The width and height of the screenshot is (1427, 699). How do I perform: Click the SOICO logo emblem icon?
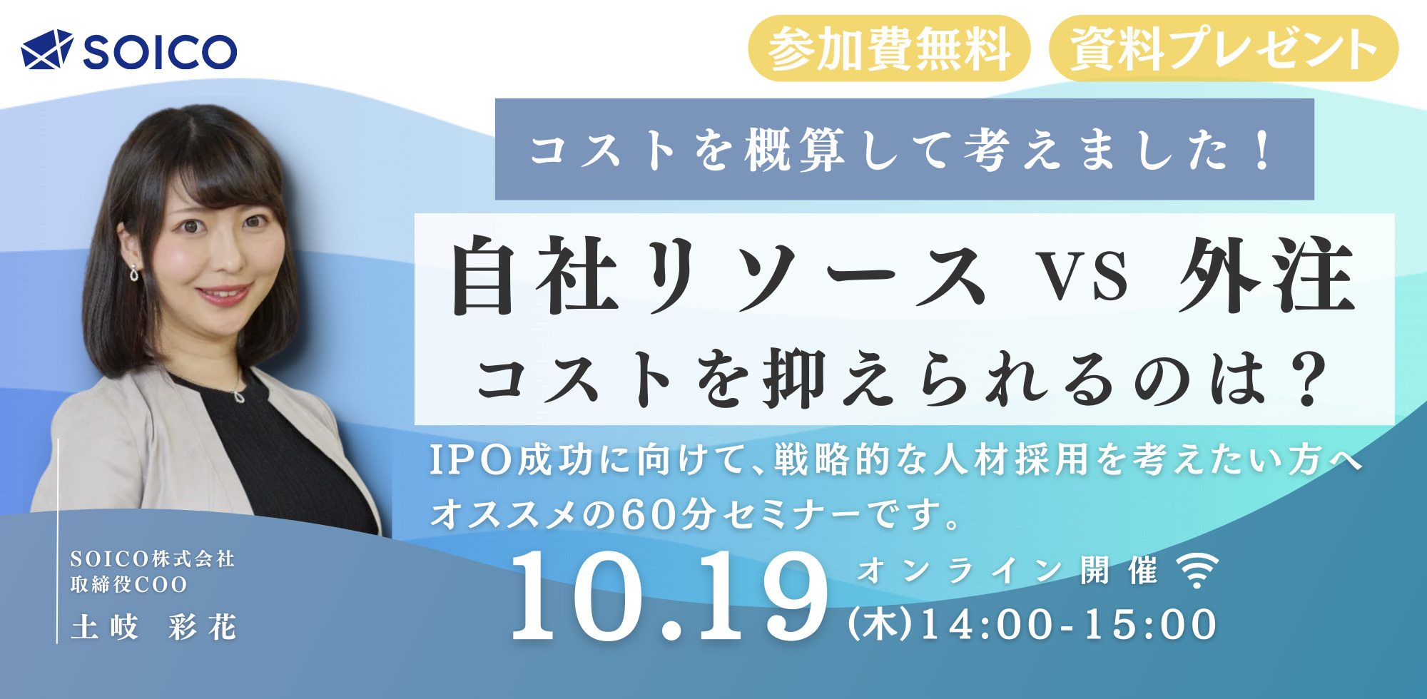(47, 49)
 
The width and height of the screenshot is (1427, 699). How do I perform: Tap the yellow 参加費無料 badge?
(889, 49)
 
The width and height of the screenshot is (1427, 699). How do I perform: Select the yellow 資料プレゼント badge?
(1224, 49)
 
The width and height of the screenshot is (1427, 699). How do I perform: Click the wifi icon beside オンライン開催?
(1197, 570)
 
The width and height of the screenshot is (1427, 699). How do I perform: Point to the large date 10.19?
(669, 596)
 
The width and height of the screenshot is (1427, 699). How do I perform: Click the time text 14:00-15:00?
(1070, 625)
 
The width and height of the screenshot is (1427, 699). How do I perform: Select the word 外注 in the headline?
(1267, 275)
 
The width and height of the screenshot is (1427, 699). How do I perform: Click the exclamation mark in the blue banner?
(1263, 149)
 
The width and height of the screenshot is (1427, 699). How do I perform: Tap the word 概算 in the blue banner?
(796, 150)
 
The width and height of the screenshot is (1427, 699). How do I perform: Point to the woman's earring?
(134, 272)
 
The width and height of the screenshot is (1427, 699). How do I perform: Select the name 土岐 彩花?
(153, 628)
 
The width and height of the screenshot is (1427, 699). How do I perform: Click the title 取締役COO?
(128, 584)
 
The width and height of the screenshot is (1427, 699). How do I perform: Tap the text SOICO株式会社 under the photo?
(153, 558)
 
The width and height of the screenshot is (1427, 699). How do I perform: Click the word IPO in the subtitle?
(472, 460)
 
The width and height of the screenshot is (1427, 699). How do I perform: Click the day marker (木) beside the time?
(882, 625)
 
